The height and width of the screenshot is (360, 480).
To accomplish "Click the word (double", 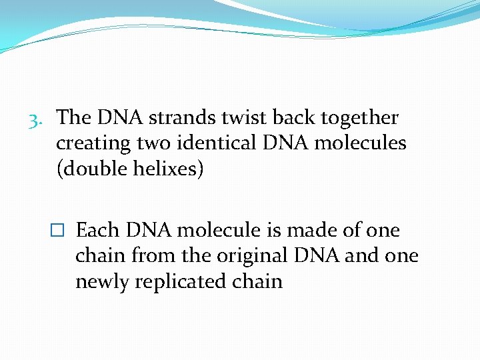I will click(92, 169).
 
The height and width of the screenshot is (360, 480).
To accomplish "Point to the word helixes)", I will click(169, 169).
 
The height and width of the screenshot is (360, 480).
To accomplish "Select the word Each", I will click(97, 231).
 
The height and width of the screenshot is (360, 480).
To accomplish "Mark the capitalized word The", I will click(75, 118).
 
